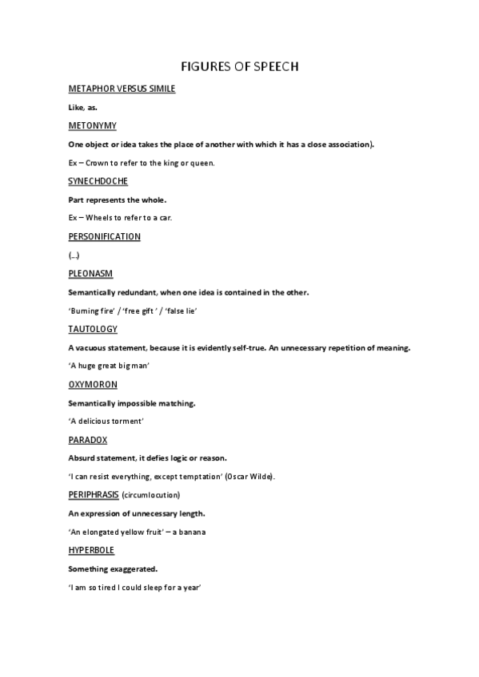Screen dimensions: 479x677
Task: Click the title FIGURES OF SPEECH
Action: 239,66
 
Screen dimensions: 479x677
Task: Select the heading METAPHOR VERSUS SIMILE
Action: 122,89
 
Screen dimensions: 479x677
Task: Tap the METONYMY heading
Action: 93,125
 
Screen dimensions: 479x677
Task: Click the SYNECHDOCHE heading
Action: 98,181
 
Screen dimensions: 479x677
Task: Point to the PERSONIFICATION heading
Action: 105,236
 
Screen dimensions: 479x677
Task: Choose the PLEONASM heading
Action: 90,274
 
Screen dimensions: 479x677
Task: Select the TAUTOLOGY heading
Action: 93,329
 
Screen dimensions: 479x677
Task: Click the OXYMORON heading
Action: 93,385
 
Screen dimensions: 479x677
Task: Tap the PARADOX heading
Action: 88,440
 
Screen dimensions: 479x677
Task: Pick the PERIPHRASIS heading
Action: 94,495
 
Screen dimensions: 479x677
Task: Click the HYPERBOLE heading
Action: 91,551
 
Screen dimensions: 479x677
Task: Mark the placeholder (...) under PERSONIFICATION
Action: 74,255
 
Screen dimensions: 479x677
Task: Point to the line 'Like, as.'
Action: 82,107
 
